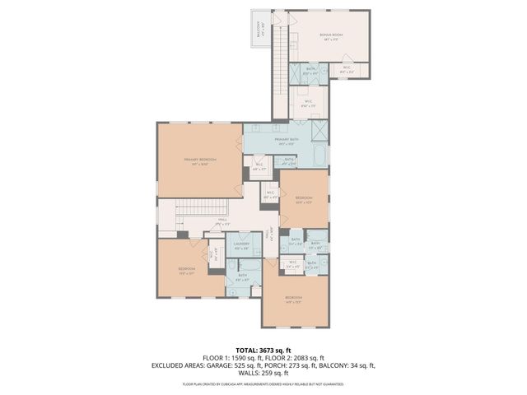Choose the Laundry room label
tap(241, 245)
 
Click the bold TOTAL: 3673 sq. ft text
tap(263, 351)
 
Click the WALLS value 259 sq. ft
tap(274, 374)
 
